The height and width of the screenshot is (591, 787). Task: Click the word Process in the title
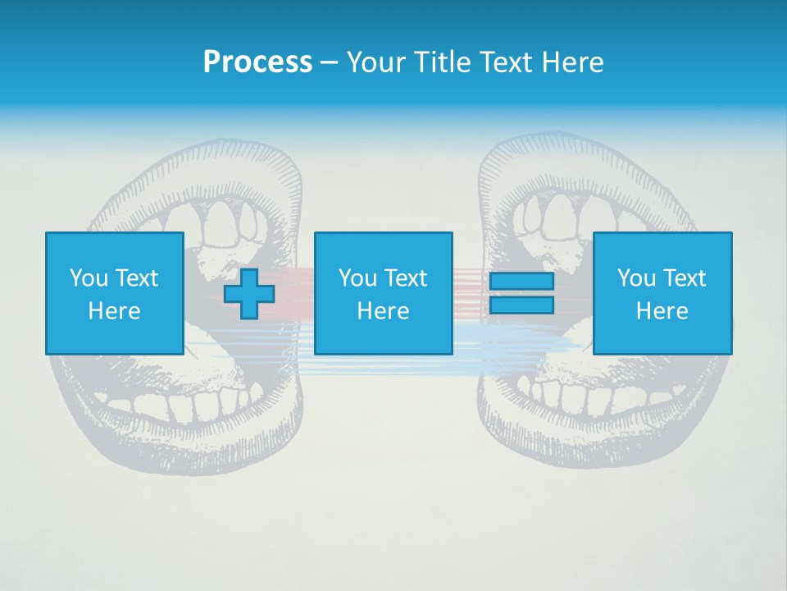point(257,62)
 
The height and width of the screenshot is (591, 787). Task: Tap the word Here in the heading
point(571,62)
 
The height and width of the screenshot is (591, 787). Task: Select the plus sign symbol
point(249,294)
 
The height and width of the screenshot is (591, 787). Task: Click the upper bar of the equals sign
point(521,282)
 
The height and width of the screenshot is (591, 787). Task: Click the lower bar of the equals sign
point(521,305)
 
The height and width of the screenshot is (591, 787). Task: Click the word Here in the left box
point(114,311)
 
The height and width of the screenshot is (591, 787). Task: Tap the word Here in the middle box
point(383,311)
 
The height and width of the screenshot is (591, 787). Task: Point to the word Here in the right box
point(662,311)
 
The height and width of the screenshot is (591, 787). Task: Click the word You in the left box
point(89,278)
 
